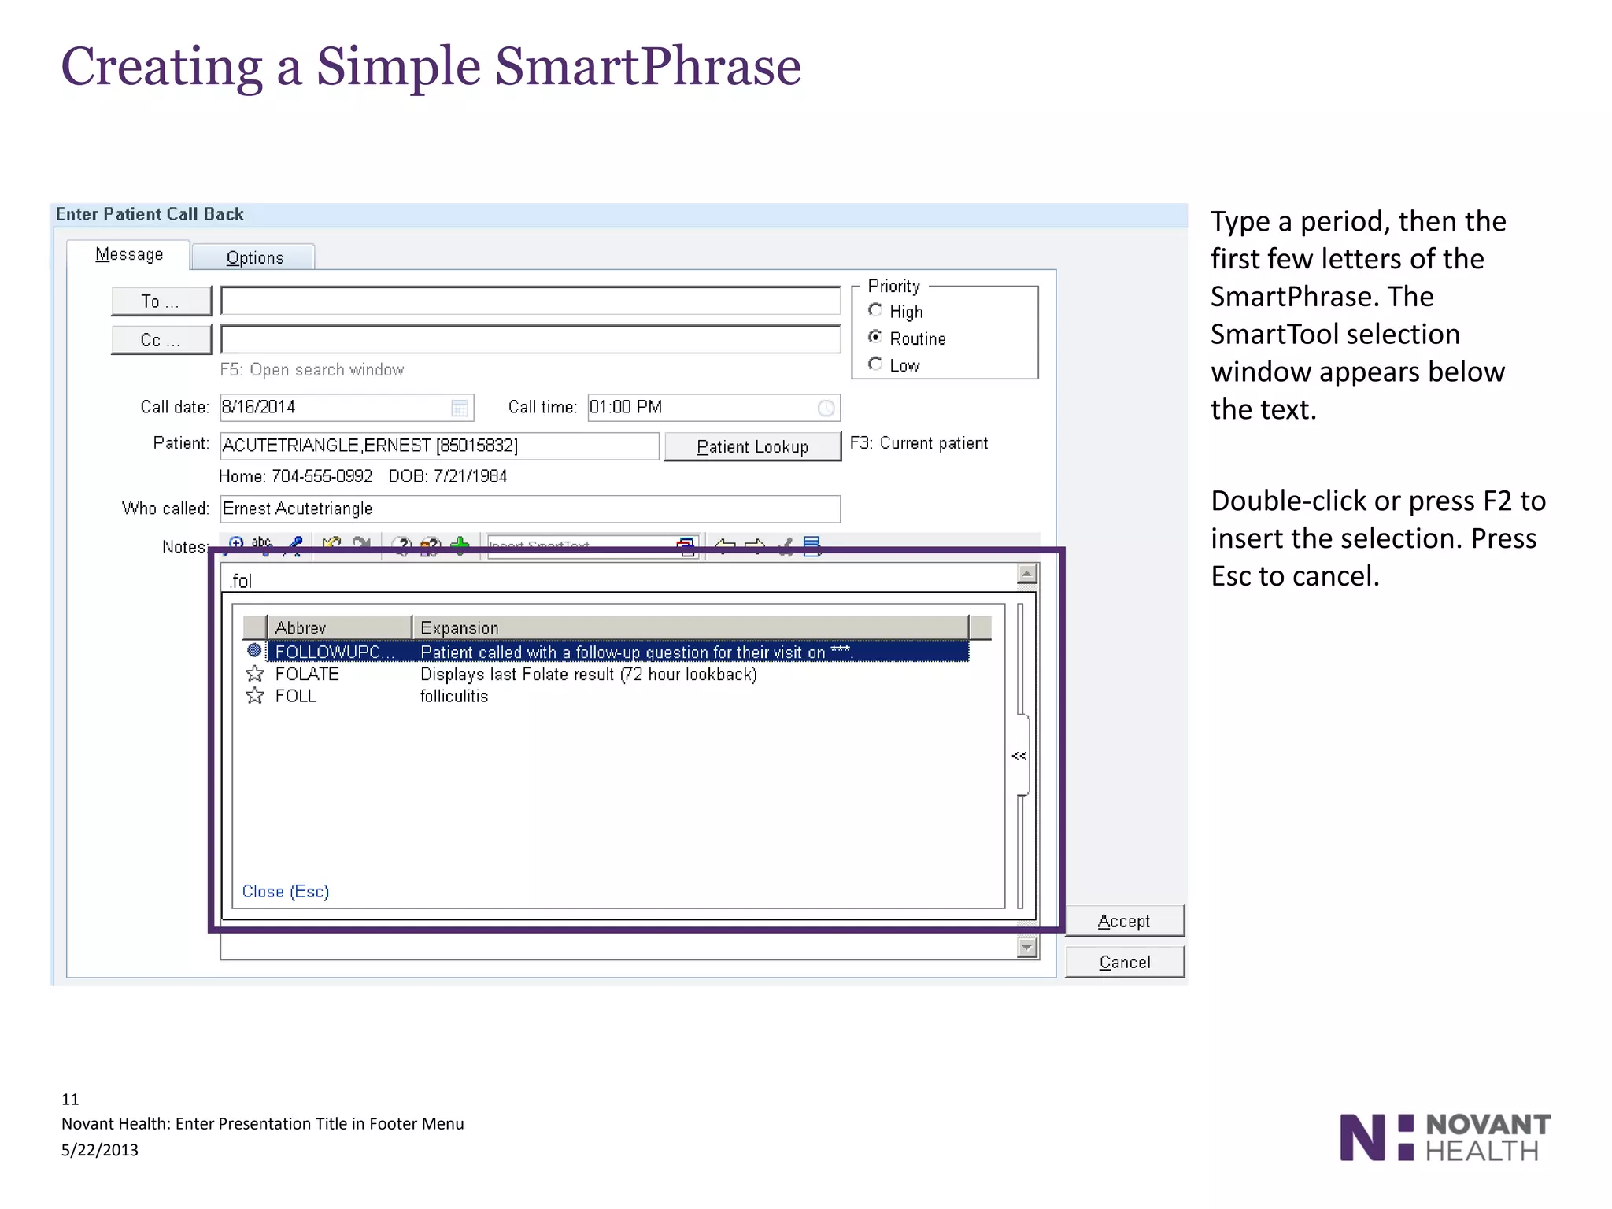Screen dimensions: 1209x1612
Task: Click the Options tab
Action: (x=254, y=257)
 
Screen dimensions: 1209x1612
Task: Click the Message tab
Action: (x=129, y=254)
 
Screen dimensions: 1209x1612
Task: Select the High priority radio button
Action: (x=874, y=310)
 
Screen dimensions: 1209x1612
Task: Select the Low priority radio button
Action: (x=874, y=364)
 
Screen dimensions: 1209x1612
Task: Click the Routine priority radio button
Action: (x=874, y=337)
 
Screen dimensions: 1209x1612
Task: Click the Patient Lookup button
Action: (x=752, y=446)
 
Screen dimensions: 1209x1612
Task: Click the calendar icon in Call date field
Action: (x=460, y=408)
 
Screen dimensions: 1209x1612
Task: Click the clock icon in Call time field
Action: (x=826, y=408)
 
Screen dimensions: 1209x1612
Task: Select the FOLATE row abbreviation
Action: (x=307, y=674)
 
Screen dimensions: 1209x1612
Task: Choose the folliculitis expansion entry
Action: (x=454, y=696)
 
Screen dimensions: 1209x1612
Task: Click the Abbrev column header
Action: (x=338, y=627)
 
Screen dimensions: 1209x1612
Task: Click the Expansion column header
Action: (x=689, y=627)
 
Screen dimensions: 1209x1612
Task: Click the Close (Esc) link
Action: (x=285, y=891)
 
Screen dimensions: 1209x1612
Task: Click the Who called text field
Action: (x=529, y=508)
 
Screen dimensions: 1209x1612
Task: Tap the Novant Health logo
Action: (x=1444, y=1137)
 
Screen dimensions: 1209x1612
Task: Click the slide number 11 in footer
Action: (x=70, y=1099)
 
